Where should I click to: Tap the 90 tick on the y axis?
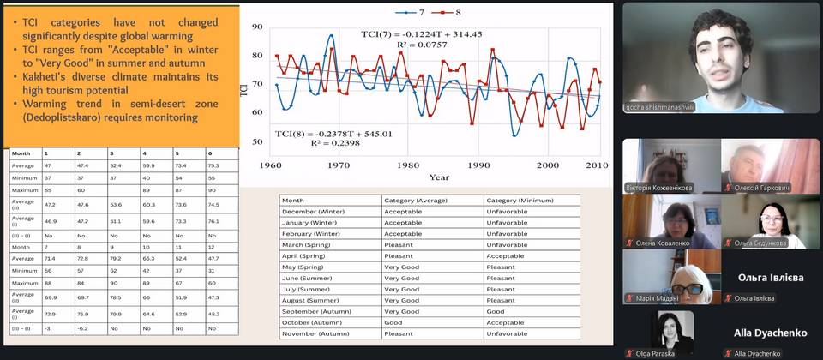click(x=257, y=27)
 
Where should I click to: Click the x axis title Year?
click(x=439, y=177)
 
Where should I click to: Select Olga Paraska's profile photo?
click(x=670, y=328)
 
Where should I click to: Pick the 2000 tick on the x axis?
click(x=547, y=165)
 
